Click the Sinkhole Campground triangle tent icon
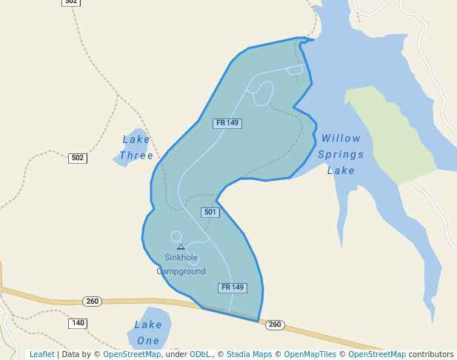[181, 247]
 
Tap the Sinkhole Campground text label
[181, 264]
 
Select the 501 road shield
[210, 213]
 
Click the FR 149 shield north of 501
[227, 123]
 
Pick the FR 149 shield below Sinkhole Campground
[232, 287]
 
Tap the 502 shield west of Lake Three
[77, 158]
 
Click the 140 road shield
[78, 323]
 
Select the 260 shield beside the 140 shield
[92, 301]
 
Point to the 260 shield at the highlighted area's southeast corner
[275, 325]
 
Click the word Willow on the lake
[341, 139]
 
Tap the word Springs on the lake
[341, 155]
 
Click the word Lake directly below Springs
[341, 171]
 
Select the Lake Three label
[136, 147]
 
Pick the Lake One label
[148, 333]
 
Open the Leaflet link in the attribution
[41, 355]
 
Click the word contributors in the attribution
[430, 355]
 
